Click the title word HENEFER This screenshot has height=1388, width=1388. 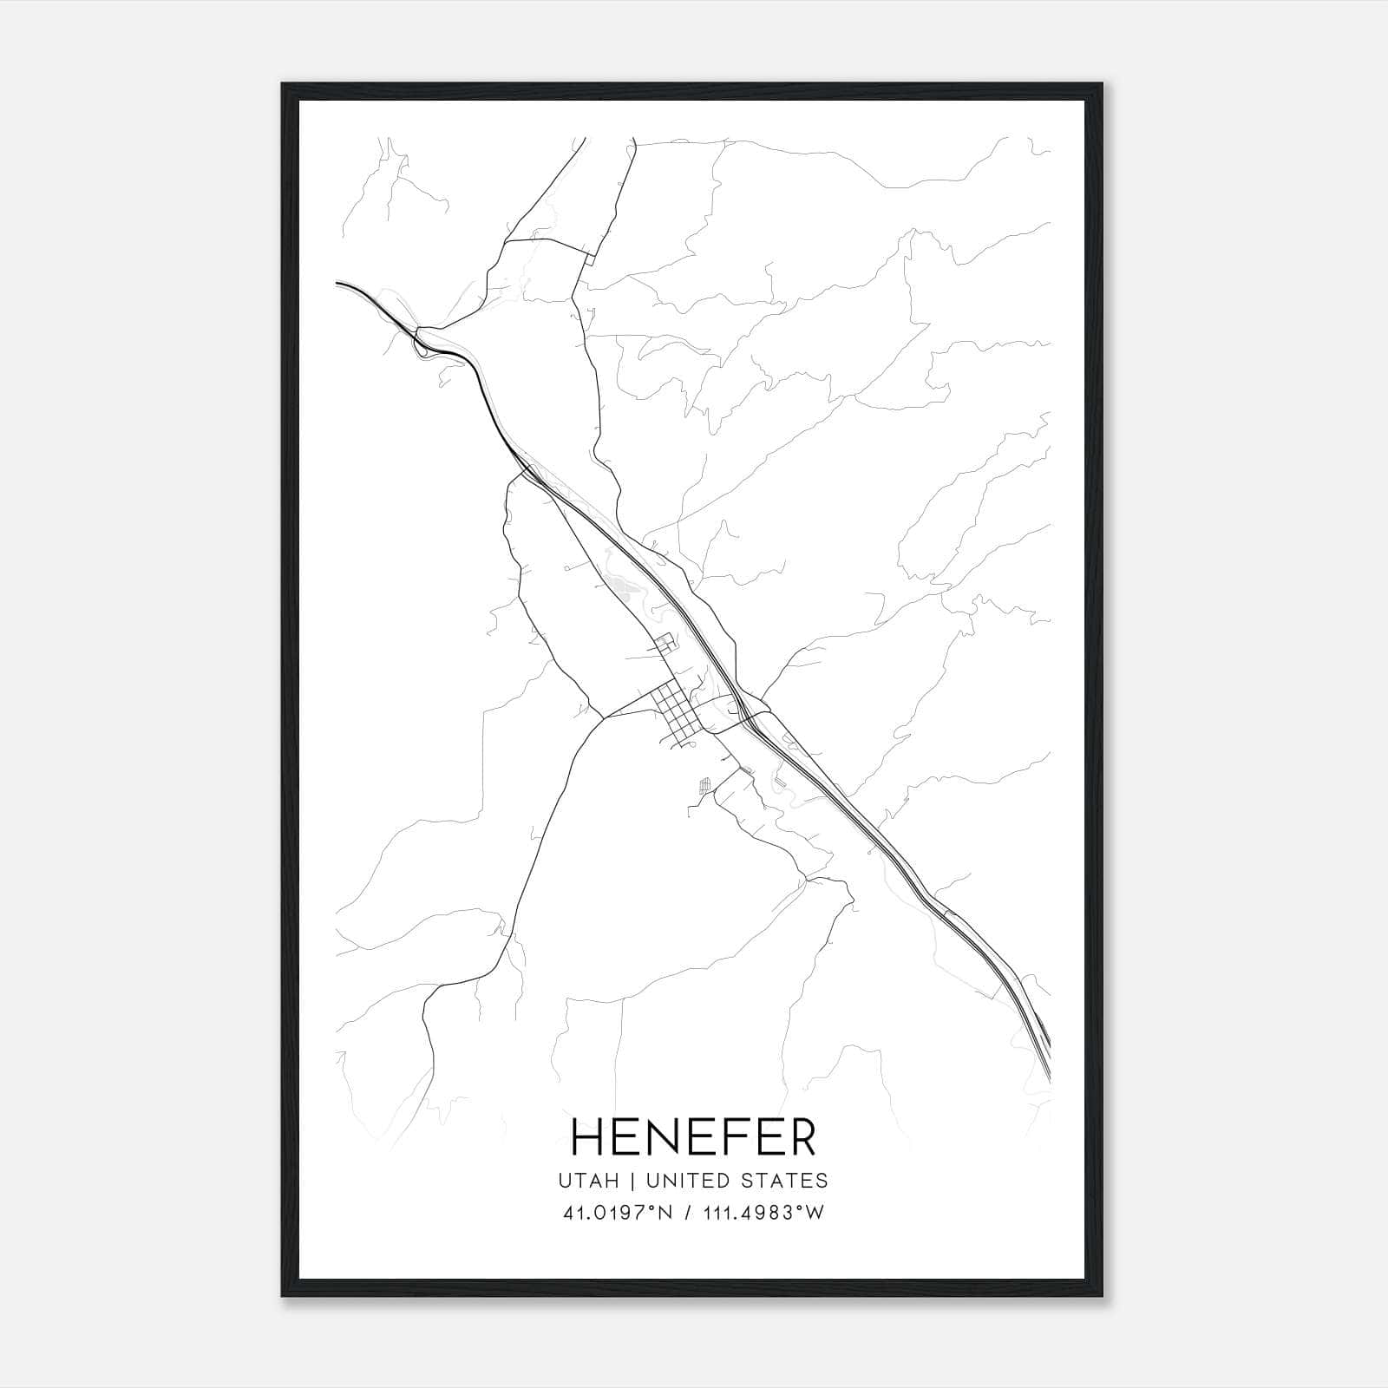pyautogui.click(x=693, y=1137)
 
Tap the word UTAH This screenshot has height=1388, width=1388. pyautogui.click(x=589, y=1181)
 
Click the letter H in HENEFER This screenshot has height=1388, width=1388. pyautogui.click(x=586, y=1137)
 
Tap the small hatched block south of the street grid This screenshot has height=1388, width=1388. pyautogui.click(x=705, y=785)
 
